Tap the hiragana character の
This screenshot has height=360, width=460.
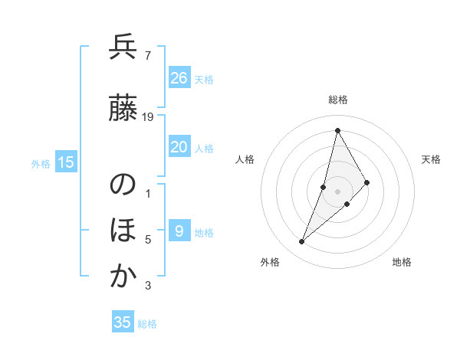(123, 186)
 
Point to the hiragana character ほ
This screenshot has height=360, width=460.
(123, 231)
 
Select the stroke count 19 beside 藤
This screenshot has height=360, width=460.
(148, 117)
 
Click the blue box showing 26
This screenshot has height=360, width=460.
(179, 77)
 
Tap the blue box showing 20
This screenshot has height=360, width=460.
(179, 147)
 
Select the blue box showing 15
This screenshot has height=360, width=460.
(66, 162)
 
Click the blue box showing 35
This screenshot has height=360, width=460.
(123, 322)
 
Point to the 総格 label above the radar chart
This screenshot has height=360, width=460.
(337, 100)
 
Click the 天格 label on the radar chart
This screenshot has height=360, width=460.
(431, 159)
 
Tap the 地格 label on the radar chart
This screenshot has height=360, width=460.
(402, 262)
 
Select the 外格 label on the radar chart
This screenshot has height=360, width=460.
(270, 262)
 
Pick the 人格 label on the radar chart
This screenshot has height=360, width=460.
(245, 159)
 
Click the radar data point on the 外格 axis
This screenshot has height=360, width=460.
(301, 242)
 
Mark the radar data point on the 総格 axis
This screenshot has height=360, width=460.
(337, 130)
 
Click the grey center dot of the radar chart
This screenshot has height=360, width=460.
(337, 191)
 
